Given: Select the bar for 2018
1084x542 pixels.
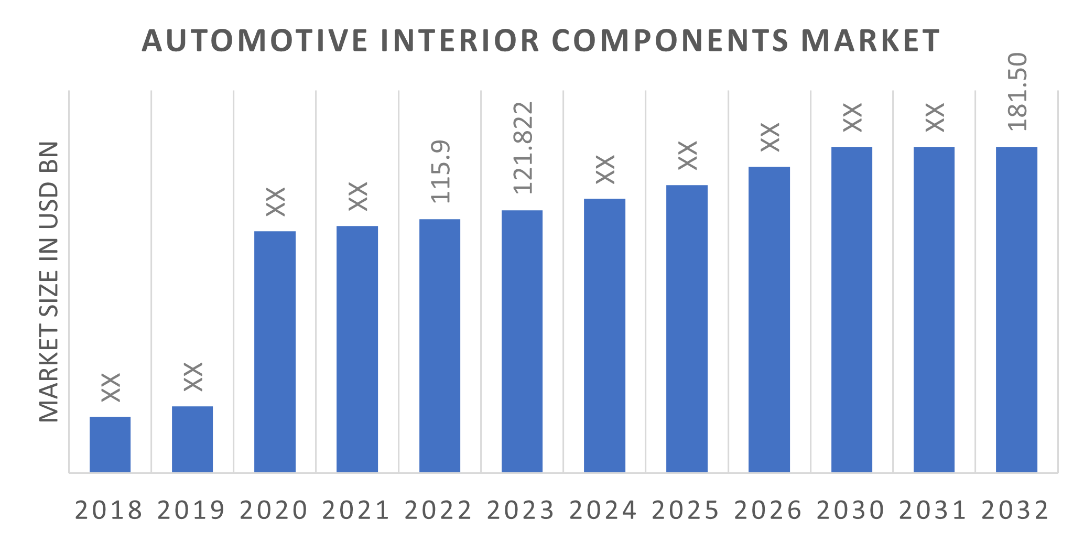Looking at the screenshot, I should point(110,445).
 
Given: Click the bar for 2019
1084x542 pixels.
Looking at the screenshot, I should point(192,439).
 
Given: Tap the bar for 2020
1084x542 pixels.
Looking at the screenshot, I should point(275,352).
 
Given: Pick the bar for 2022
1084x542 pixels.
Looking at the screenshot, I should point(440,346).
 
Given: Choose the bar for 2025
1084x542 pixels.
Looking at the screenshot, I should point(687,329).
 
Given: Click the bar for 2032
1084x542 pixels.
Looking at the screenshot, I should point(1016,309).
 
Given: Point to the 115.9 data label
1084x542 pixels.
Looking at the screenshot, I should point(440,171).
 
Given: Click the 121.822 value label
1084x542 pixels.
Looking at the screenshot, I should point(523,148).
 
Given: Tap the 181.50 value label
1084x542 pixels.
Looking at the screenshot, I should point(1017,92).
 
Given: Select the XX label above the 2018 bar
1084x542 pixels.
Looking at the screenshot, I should point(111,387).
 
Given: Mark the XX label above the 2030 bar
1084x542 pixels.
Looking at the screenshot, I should point(852,117).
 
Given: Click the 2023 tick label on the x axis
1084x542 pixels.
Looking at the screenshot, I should point(521,510).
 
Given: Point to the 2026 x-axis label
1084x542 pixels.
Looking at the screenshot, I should point(768,510).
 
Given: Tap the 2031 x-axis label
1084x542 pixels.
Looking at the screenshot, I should point(933,510).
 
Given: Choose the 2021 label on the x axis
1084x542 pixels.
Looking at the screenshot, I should point(356,510).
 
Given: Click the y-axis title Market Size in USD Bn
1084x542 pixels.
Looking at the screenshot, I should point(49,281).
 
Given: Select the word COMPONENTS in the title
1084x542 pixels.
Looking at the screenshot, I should point(670,41).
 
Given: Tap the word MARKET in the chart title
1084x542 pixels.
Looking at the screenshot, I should point(871,41).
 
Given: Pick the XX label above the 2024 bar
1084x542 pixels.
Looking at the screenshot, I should point(605,169).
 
